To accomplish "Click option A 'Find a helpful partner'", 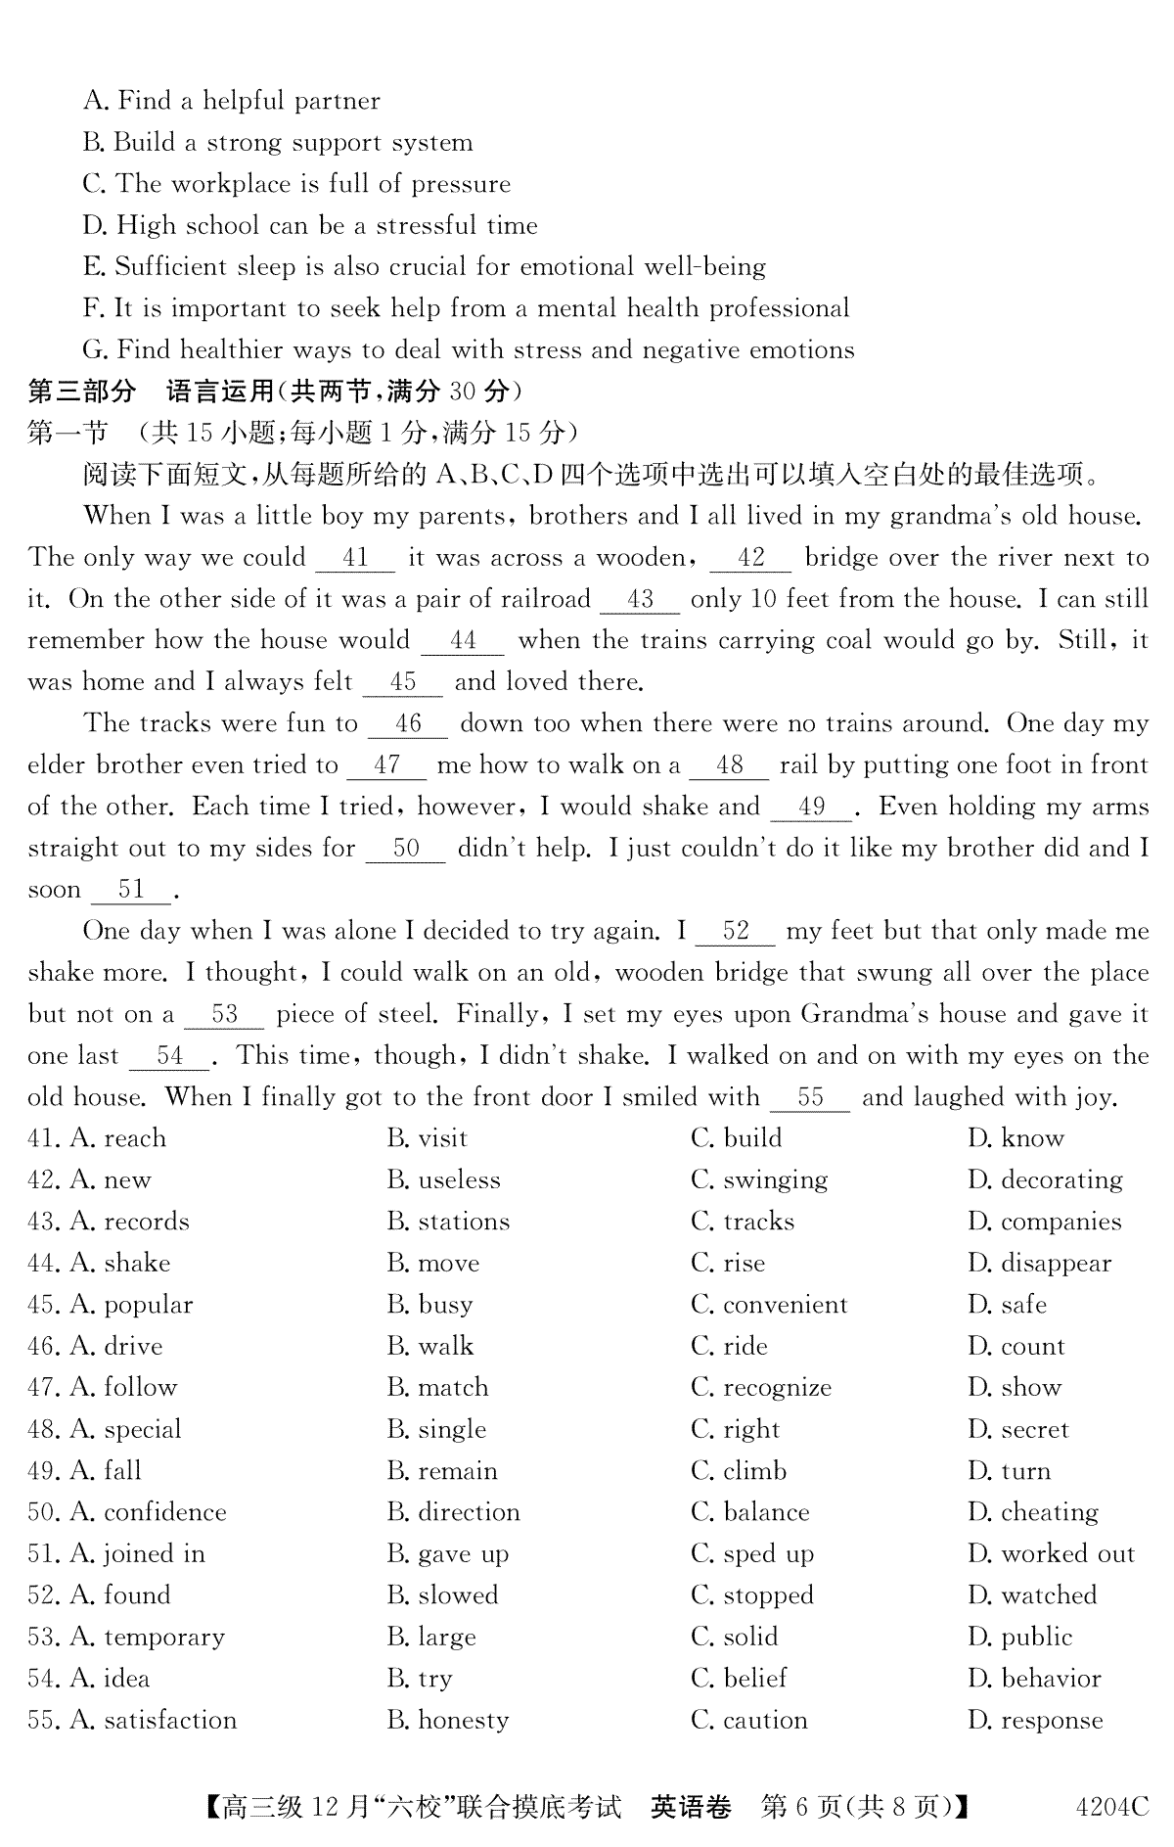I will [232, 101].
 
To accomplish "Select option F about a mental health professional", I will [466, 308].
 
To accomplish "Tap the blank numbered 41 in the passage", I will [355, 558].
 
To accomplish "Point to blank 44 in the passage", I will [462, 641].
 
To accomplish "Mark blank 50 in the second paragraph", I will [405, 849].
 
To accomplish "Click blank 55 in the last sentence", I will [810, 1097].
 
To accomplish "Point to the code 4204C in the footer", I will [1111, 1807].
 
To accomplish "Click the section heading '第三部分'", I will [81, 392].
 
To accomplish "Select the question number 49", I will [44, 1471].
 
